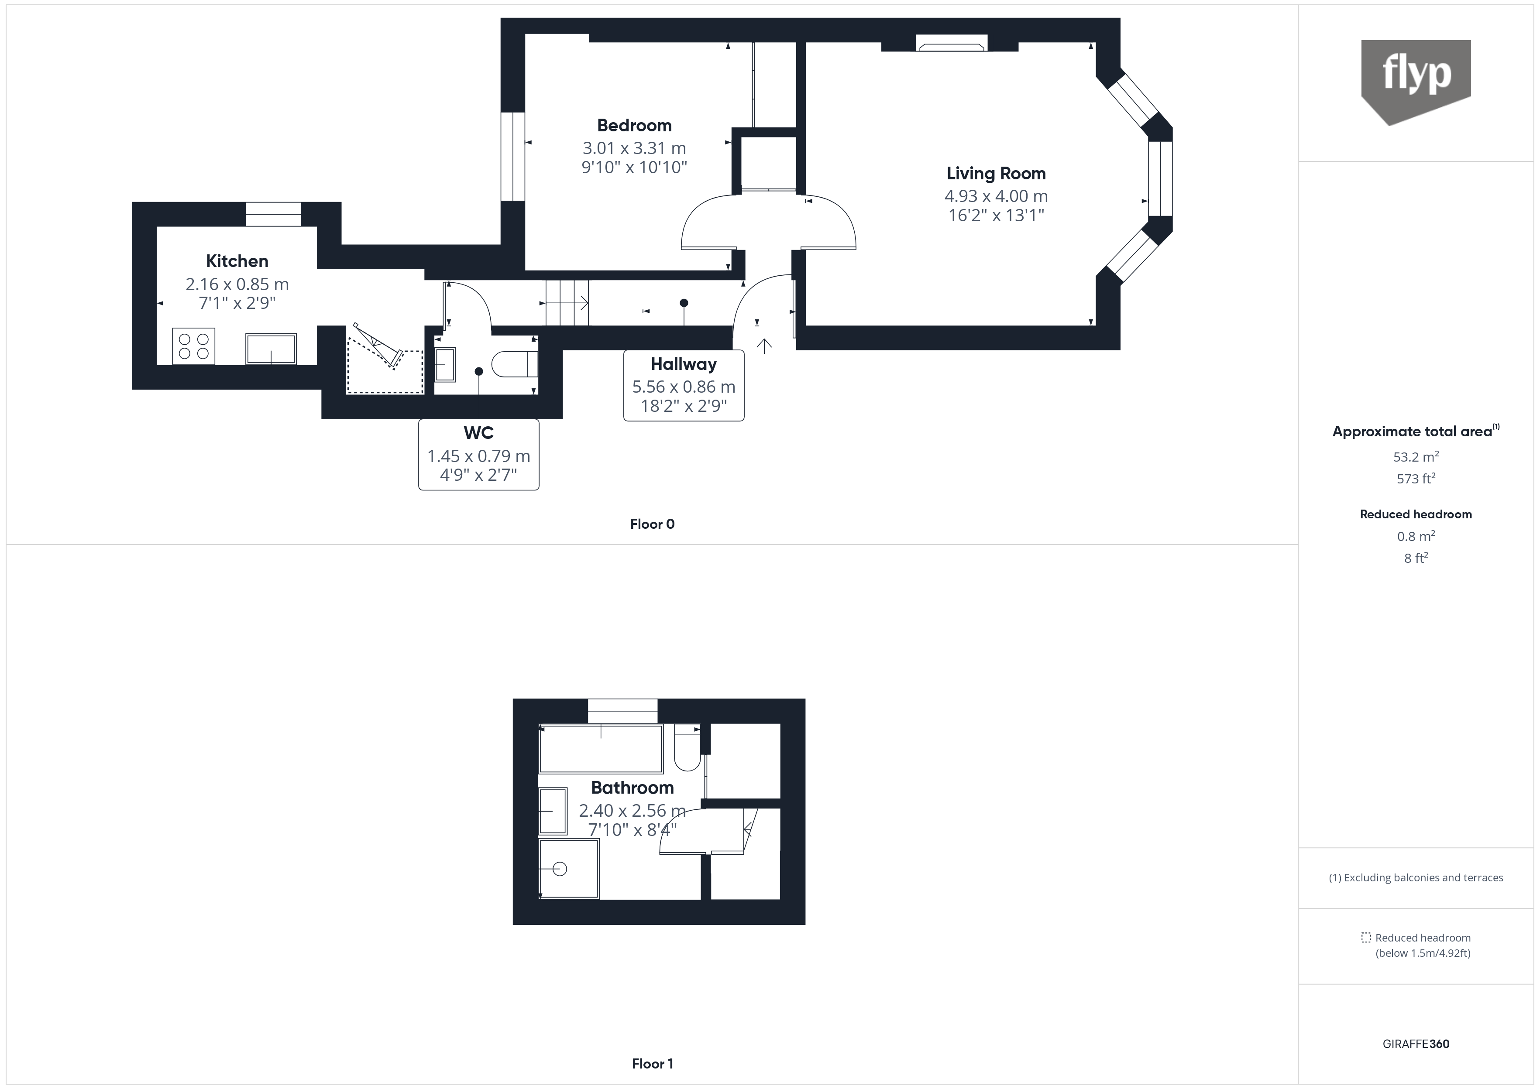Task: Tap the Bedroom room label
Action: pyautogui.click(x=634, y=125)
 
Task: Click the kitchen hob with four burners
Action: pyautogui.click(x=193, y=346)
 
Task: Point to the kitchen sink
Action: pyautogui.click(x=271, y=349)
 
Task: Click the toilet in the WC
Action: pyautogui.click(x=514, y=365)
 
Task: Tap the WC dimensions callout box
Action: pyautogui.click(x=478, y=455)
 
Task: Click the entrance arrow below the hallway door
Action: pyautogui.click(x=764, y=346)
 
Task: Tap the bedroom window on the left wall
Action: pyautogui.click(x=513, y=156)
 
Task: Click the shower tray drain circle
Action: pyautogui.click(x=560, y=869)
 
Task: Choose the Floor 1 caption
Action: pyautogui.click(x=652, y=1064)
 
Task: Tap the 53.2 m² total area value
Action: pyautogui.click(x=1415, y=457)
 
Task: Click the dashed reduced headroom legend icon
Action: pyautogui.click(x=1365, y=938)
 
